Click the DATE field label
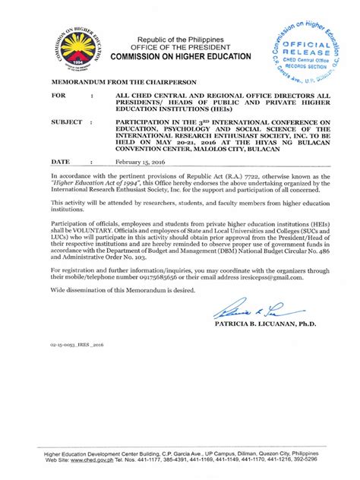(61, 162)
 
